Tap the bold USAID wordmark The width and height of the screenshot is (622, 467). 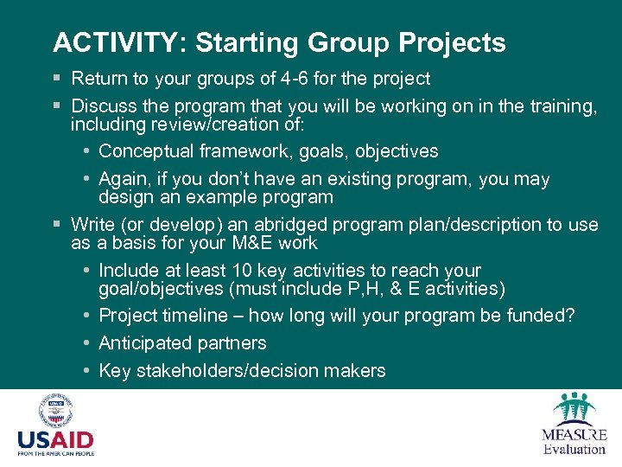(x=55, y=439)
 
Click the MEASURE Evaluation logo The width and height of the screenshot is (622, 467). (x=574, y=424)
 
